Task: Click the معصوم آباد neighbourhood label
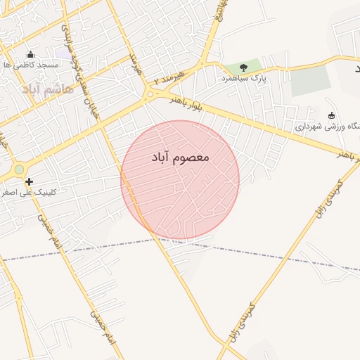click(180, 157)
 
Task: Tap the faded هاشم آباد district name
click(48, 89)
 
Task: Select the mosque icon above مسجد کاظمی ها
click(30, 54)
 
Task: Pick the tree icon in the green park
click(243, 68)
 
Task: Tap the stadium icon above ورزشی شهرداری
click(332, 115)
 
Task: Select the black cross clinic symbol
click(29, 181)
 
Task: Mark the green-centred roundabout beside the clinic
click(18, 169)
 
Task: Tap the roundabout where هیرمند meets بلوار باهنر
click(150, 95)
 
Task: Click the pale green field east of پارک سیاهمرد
click(310, 82)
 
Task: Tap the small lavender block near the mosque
click(63, 53)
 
